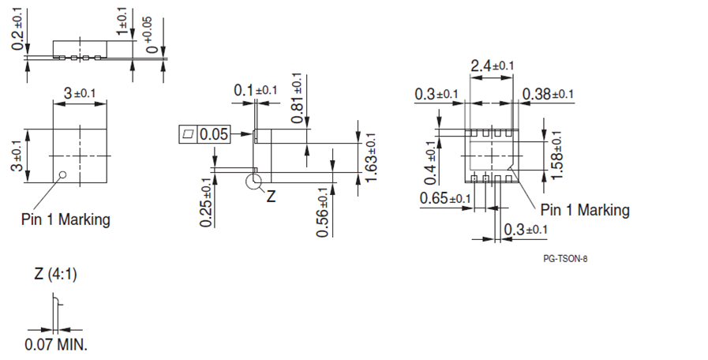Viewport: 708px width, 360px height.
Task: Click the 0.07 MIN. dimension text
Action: click(x=56, y=345)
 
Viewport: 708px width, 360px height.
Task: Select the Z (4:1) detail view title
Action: click(x=55, y=275)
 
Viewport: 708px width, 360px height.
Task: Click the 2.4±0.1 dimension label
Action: click(x=492, y=66)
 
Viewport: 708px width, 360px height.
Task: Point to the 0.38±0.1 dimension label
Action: click(x=548, y=95)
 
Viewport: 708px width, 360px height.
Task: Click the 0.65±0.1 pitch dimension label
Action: click(x=446, y=197)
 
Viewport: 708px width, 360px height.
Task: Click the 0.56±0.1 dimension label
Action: click(x=323, y=211)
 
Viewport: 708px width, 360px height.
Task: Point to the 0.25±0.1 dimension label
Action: click(x=206, y=203)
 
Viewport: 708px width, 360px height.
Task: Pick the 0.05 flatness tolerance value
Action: click(x=213, y=134)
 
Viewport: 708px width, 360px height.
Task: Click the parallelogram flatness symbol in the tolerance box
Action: click(x=188, y=134)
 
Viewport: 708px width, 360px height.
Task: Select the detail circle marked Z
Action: click(x=255, y=183)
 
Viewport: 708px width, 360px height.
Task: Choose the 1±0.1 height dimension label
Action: click(x=122, y=21)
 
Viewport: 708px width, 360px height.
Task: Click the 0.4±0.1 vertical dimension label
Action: click(x=430, y=159)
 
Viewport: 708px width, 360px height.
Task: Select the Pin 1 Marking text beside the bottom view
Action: click(x=585, y=210)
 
